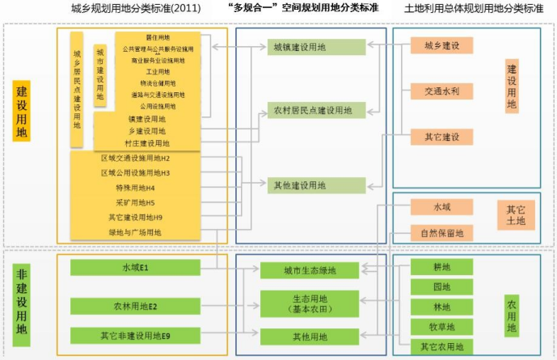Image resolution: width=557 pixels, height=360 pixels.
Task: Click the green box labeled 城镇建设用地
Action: (x=299, y=47)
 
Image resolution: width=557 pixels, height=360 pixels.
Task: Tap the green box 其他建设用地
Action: (x=299, y=185)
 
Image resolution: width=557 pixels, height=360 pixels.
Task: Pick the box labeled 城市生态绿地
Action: (x=304, y=270)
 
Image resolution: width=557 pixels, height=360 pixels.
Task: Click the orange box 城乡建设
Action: (x=441, y=45)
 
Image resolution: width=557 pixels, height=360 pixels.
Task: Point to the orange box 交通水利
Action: (x=441, y=91)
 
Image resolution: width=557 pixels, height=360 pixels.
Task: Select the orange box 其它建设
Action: (x=441, y=137)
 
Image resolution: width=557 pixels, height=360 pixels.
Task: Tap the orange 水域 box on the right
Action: (x=441, y=207)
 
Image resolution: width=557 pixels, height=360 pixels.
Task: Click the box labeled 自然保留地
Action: (x=441, y=234)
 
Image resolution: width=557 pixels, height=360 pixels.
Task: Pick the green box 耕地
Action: (x=441, y=267)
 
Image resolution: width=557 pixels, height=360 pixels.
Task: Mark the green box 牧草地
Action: (x=441, y=327)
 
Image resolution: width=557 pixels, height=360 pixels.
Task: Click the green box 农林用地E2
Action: (x=135, y=306)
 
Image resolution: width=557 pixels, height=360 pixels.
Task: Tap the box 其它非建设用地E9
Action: (x=135, y=335)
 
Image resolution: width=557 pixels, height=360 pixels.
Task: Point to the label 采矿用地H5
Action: (x=135, y=202)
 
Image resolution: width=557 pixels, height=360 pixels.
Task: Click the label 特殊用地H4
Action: (x=135, y=188)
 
